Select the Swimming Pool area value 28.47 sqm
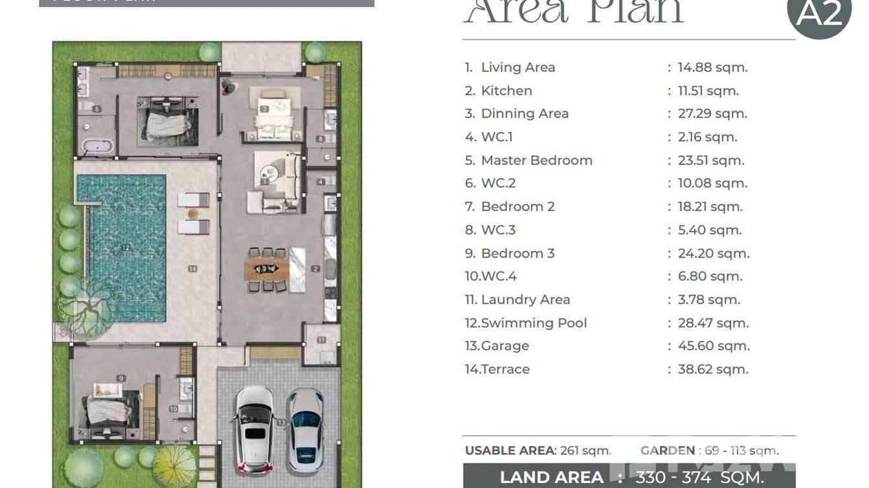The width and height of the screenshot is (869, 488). pos(713,323)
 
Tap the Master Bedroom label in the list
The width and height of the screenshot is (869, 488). pos(536,161)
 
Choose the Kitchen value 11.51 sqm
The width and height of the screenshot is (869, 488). pos(708,91)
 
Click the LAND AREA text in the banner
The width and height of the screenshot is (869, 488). pos(551,478)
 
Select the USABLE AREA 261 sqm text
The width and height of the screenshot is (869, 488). pos(537,450)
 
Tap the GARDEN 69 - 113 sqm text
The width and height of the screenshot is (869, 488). pos(709,450)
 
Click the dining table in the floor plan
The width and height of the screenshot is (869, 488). pos(265,269)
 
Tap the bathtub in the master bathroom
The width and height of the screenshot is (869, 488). pos(98,146)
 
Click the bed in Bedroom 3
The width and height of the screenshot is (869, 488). pos(108,408)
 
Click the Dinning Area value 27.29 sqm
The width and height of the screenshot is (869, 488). pos(712,114)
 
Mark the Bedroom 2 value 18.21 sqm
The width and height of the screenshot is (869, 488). pos(710,207)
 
